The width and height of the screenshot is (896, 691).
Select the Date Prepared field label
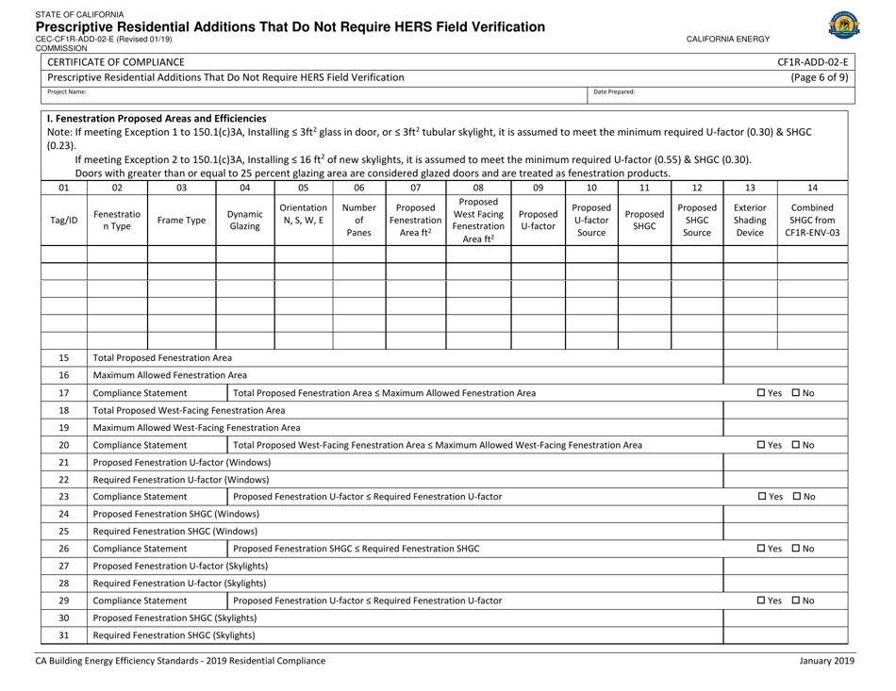[615, 92]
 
